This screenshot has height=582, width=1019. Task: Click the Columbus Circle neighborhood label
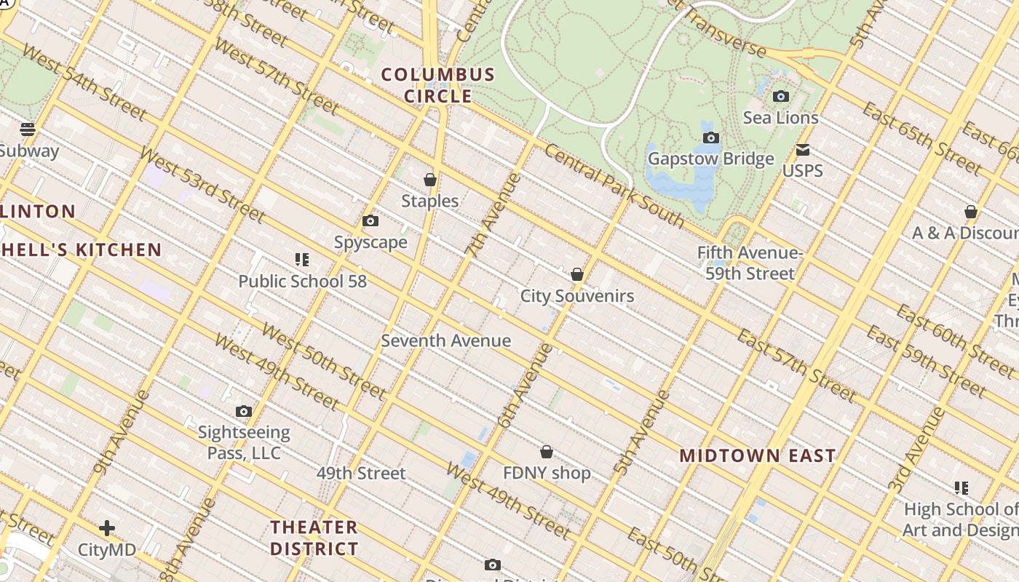438,85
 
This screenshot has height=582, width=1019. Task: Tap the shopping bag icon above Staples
430,179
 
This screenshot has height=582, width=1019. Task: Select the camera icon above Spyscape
370,220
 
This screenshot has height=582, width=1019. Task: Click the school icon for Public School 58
302,260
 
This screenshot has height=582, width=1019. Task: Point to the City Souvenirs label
576,296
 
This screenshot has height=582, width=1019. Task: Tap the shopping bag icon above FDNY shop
547,452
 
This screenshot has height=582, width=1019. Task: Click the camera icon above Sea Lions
780,96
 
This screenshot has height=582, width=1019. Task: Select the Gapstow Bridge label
710,159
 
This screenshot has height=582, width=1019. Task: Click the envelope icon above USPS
803,150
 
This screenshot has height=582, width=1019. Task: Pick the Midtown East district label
757,456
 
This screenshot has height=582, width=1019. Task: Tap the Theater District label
314,538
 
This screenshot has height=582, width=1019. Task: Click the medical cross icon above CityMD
107,527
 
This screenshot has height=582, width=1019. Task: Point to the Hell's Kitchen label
81,250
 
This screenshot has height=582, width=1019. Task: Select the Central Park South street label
614,186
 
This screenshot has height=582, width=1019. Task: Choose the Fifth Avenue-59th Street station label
749,263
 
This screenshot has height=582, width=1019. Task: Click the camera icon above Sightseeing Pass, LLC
244,412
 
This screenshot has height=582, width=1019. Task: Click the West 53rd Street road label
202,185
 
